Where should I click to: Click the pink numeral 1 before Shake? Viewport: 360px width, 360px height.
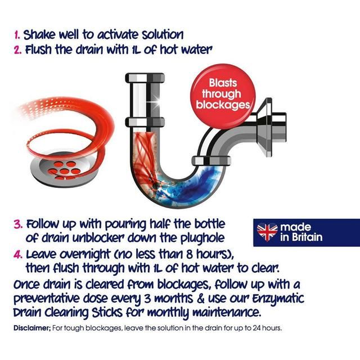point(17,35)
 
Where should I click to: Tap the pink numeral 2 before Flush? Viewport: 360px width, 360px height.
point(17,50)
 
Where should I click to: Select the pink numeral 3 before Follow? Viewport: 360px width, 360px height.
point(18,224)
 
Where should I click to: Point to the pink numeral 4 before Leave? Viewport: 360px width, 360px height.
point(18,255)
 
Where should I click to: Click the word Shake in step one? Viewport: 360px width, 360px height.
point(39,35)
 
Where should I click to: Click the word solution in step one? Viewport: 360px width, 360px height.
point(163,35)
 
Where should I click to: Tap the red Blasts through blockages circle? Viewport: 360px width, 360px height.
point(223,96)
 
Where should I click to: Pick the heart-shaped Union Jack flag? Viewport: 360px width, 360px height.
point(267,231)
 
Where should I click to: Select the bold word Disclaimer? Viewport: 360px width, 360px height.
point(32,328)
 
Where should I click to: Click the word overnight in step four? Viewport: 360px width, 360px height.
point(83,255)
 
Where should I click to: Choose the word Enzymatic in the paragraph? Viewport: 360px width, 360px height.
point(278,299)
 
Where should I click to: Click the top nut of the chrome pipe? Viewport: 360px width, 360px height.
point(145,78)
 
